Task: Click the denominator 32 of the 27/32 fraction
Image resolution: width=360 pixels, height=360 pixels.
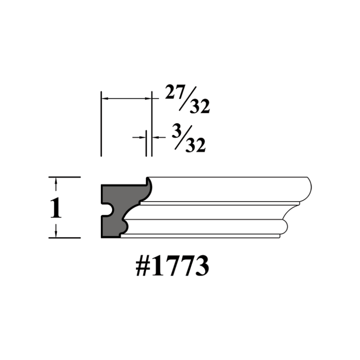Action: [199, 107]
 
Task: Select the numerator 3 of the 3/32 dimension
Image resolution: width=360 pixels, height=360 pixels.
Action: [176, 131]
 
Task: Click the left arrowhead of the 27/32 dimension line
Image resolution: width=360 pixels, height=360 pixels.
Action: [105, 99]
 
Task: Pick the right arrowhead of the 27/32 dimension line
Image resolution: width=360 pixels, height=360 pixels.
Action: [150, 99]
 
